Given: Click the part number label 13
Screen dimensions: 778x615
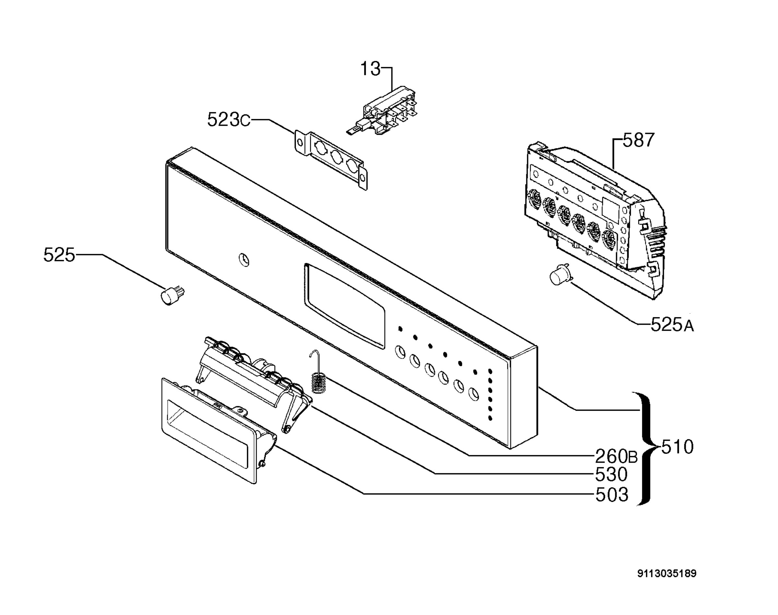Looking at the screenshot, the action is (x=370, y=69).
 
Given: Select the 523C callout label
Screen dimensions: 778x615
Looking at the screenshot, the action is (x=229, y=120).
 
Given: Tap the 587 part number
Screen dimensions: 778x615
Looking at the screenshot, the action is (x=638, y=140).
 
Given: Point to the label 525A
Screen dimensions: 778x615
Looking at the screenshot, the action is (x=672, y=325).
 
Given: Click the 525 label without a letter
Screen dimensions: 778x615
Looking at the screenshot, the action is (x=59, y=255).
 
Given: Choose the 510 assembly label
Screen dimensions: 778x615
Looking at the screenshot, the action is (x=677, y=447).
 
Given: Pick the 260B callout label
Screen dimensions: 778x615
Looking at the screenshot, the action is (x=616, y=456).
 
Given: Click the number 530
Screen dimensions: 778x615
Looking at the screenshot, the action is (x=611, y=475).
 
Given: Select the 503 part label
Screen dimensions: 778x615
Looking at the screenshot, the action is (x=612, y=495).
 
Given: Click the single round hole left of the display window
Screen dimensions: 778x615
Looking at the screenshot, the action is (x=244, y=260).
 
